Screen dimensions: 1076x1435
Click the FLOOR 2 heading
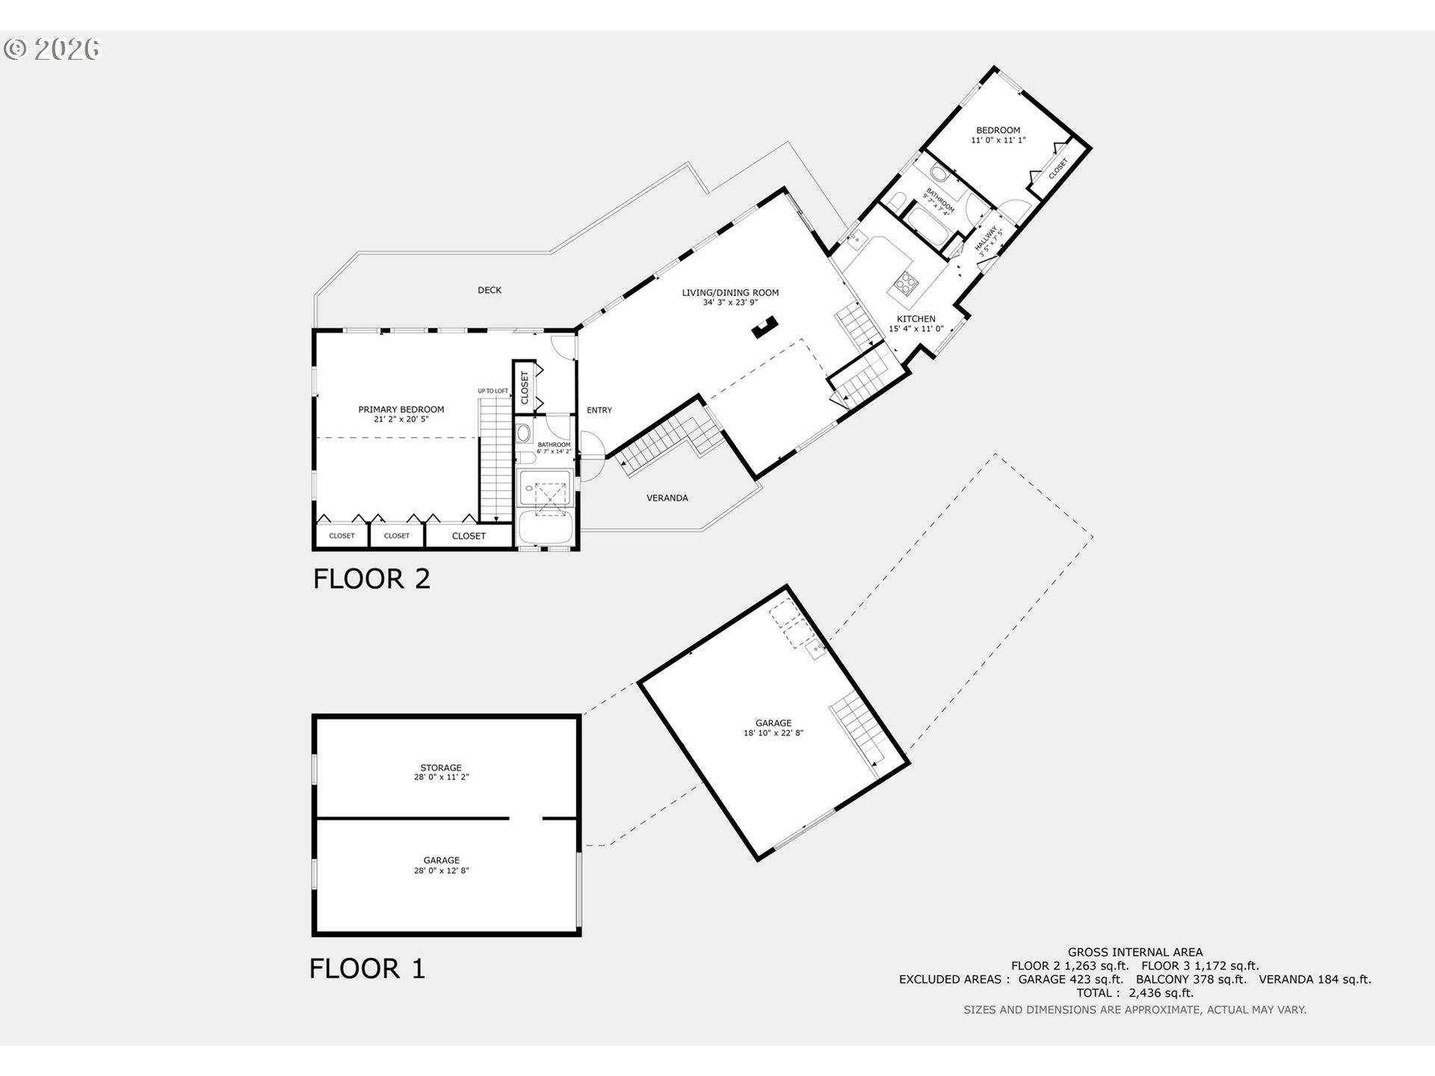click(x=371, y=579)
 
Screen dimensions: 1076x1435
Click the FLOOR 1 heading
click(x=367, y=968)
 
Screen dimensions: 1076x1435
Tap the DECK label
click(x=490, y=290)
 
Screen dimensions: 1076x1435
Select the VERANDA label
click(x=667, y=498)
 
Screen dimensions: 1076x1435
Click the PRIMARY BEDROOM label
click(x=401, y=409)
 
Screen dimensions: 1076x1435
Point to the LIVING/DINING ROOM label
click(x=730, y=293)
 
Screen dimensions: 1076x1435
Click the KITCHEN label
click(x=916, y=319)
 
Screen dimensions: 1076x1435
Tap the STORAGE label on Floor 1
click(x=441, y=767)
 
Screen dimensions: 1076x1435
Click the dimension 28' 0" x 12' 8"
click(x=441, y=871)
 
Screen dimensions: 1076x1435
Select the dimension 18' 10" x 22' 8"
click(x=773, y=733)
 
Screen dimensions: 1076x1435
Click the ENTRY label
click(x=599, y=410)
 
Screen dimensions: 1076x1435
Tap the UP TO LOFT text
click(x=493, y=391)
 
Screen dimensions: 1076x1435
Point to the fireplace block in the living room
click(x=765, y=327)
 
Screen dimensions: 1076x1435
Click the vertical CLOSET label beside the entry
click(x=525, y=388)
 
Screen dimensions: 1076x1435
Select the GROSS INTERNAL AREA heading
click(x=1135, y=952)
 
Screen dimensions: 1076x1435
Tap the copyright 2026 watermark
click(x=52, y=49)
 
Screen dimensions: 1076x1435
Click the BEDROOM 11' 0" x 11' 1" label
click(x=998, y=134)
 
